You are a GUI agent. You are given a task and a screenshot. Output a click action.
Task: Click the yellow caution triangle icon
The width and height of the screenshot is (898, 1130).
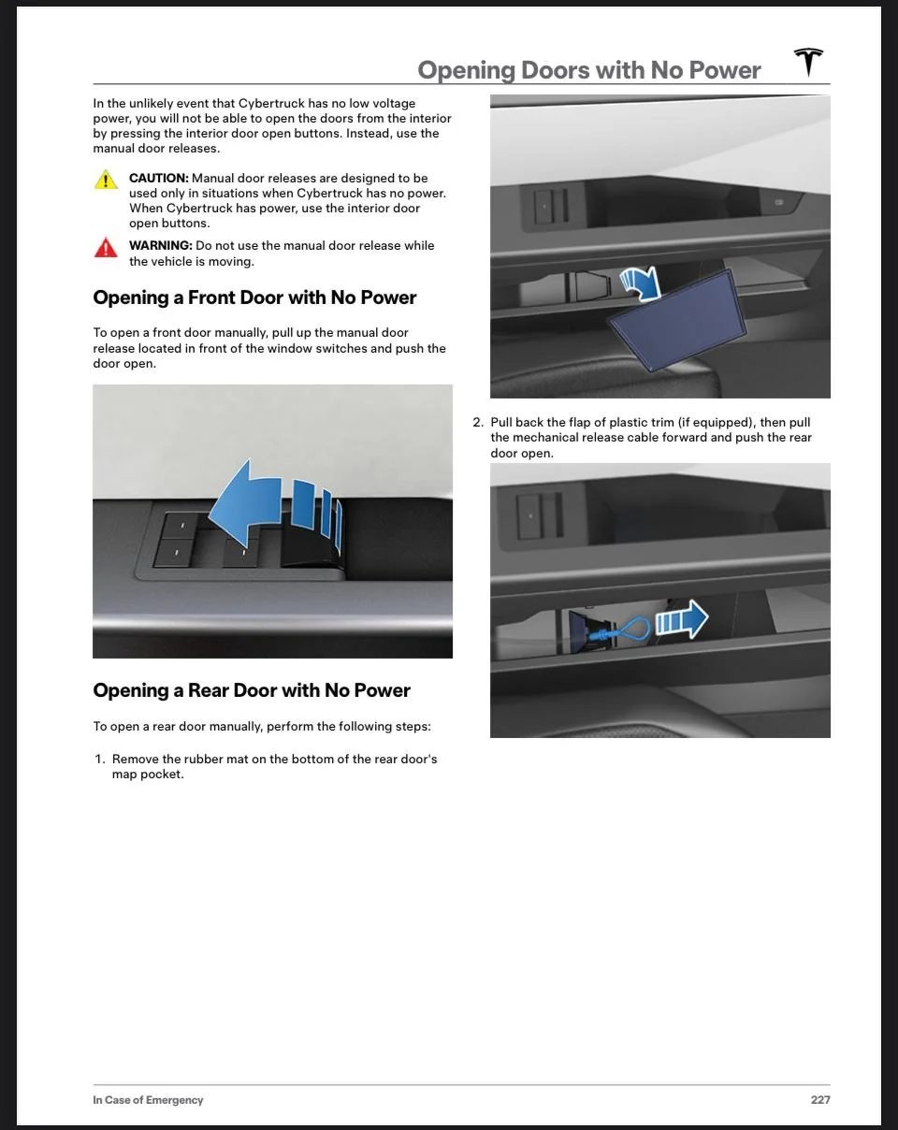(x=106, y=180)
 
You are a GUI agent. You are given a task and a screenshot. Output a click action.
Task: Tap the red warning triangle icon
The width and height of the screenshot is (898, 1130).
(x=106, y=248)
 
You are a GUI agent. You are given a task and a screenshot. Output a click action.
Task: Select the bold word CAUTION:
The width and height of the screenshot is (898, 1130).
(x=158, y=178)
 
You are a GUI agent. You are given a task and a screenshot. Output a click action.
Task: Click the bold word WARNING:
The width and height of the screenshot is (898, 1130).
(x=160, y=245)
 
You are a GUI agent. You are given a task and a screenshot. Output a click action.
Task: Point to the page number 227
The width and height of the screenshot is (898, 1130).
(x=819, y=1100)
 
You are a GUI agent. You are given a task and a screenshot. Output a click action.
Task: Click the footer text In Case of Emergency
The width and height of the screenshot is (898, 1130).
(x=148, y=1100)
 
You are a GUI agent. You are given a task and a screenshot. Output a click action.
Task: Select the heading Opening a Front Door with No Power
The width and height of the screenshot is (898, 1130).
(x=254, y=297)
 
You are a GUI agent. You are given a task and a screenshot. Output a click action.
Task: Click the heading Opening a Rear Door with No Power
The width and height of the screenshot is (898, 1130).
(x=252, y=690)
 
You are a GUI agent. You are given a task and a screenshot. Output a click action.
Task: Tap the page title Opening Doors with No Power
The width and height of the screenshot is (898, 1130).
(x=589, y=70)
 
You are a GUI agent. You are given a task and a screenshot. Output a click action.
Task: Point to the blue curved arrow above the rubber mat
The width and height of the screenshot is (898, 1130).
(x=641, y=282)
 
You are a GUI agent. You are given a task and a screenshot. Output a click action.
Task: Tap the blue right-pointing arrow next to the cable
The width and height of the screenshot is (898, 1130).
(x=682, y=620)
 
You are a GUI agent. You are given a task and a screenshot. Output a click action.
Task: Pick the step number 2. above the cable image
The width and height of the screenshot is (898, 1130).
(x=478, y=423)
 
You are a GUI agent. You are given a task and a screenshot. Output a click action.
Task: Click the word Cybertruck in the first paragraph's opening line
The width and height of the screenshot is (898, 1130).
(x=271, y=103)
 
